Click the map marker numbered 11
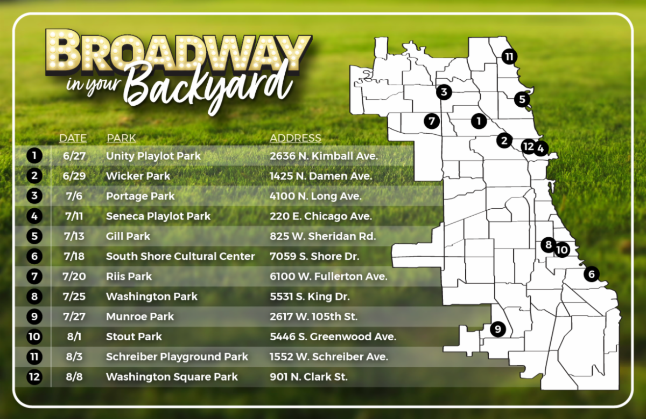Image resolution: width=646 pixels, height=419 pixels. pyautogui.click(x=509, y=57)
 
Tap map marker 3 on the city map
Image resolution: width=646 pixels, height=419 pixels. pyautogui.click(x=444, y=92)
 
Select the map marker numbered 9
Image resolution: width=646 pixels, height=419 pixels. pyautogui.click(x=498, y=329)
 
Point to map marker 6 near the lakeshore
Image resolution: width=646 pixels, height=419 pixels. pyautogui.click(x=592, y=274)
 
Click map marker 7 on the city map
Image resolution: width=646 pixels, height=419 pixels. pyautogui.click(x=432, y=121)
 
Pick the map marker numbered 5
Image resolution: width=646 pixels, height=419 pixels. pyautogui.click(x=522, y=99)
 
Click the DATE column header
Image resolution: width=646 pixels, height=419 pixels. pyautogui.click(x=73, y=138)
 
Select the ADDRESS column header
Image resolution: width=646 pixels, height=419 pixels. pyautogui.click(x=296, y=138)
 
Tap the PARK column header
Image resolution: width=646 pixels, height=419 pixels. pyautogui.click(x=121, y=138)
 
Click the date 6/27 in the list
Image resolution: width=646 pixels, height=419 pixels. pyautogui.click(x=74, y=156)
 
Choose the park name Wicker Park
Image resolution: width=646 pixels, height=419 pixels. pyautogui.click(x=138, y=176)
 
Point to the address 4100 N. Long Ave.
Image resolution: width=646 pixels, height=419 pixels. pyautogui.click(x=315, y=196)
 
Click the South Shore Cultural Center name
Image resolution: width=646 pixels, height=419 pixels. pyautogui.click(x=180, y=256)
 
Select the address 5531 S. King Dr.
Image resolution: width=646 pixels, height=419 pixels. pyautogui.click(x=310, y=297)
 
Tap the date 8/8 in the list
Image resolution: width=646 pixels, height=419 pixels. pyautogui.click(x=74, y=377)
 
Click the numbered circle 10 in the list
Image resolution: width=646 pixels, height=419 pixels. pyautogui.click(x=34, y=336)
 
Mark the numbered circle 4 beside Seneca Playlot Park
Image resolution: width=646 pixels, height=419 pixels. pyautogui.click(x=34, y=216)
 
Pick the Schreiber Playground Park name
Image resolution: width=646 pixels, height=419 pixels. pyautogui.click(x=177, y=357)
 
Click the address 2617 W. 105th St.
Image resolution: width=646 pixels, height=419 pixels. pyautogui.click(x=313, y=317)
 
